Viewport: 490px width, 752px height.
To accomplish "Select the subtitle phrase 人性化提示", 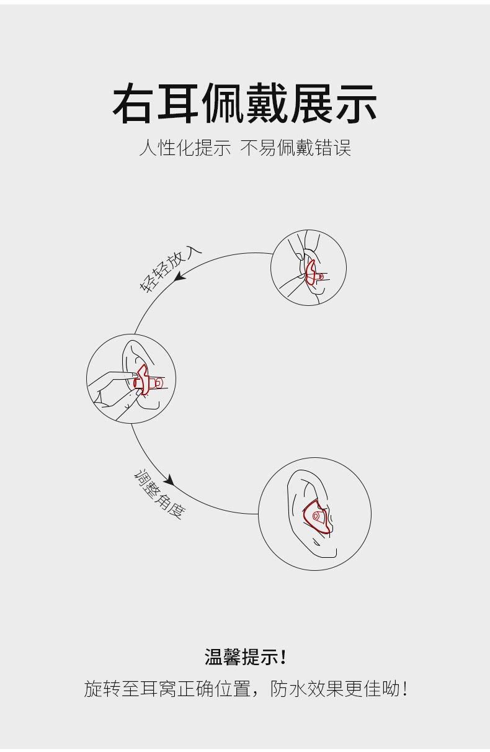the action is click(x=185, y=148).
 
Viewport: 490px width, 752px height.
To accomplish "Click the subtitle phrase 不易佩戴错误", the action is click(x=296, y=148).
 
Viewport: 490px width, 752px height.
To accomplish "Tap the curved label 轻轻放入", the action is click(x=171, y=269).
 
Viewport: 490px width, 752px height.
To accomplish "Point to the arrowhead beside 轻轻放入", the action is click(x=180, y=277).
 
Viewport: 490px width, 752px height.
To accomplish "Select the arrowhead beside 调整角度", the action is click(x=170, y=480).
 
